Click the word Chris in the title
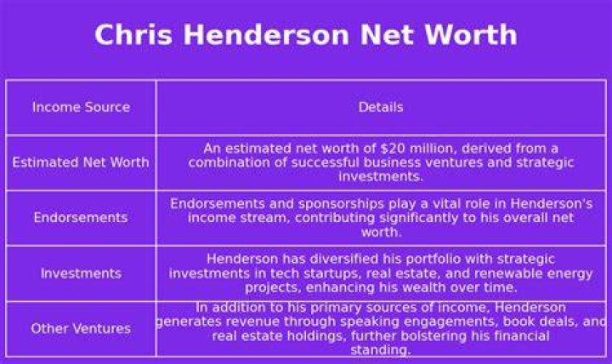[133, 34]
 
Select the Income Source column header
[82, 107]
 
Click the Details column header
[381, 107]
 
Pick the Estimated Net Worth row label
[81, 162]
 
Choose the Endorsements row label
[81, 217]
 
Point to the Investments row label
[82, 273]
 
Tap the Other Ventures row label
[81, 328]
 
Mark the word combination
[229, 162]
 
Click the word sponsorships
[341, 203]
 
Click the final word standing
[381, 350]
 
